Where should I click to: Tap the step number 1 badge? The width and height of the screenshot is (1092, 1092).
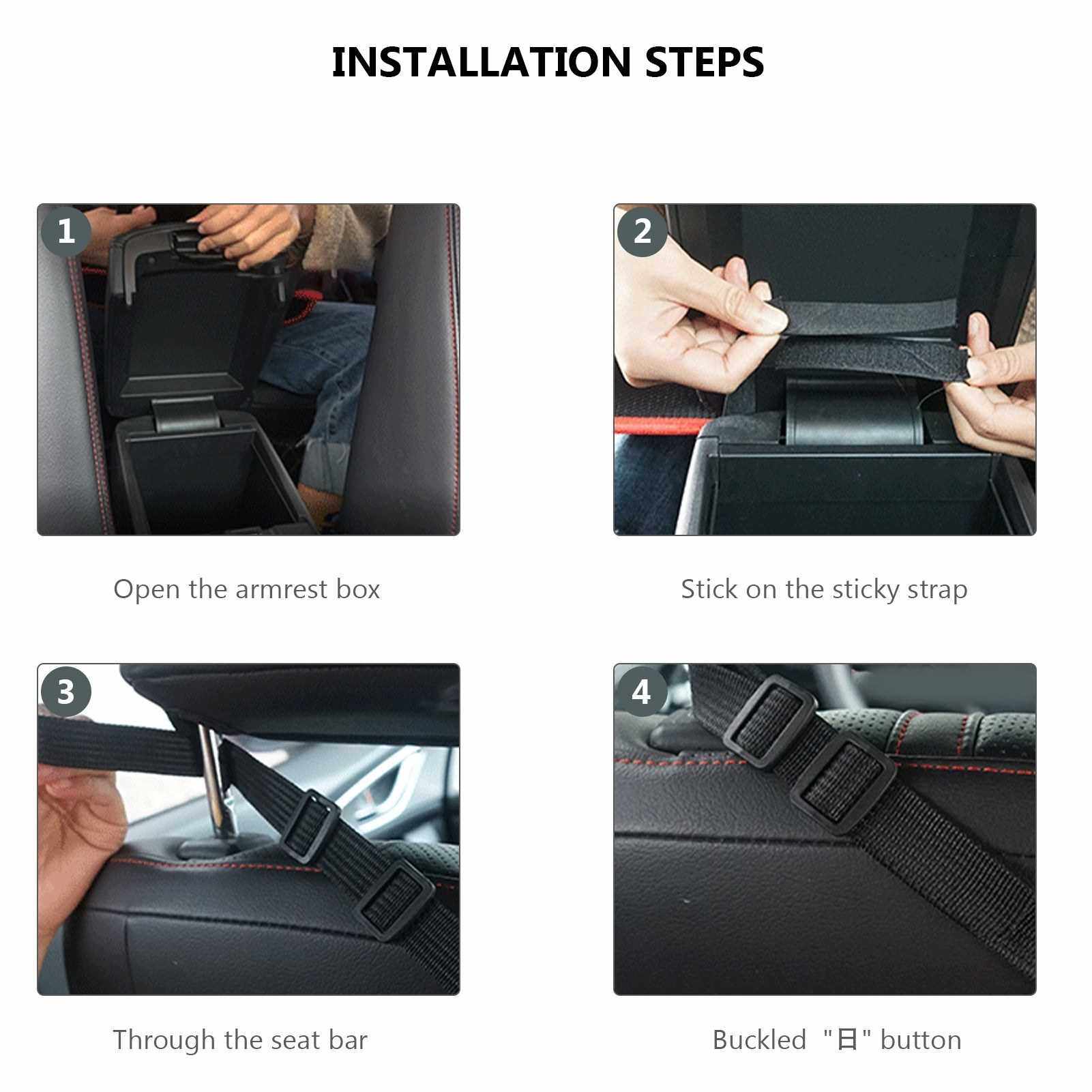[66, 231]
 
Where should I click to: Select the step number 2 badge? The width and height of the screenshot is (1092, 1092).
[643, 231]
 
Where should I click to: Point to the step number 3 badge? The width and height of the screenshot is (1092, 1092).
[66, 692]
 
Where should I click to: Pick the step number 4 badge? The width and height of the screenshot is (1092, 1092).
[642, 692]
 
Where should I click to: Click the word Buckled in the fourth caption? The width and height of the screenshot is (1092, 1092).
[759, 1040]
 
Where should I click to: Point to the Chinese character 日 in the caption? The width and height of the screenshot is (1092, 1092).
[847, 1041]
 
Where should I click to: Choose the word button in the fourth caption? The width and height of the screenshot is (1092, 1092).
[921, 1040]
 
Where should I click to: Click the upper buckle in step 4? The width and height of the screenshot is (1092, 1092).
[771, 722]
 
